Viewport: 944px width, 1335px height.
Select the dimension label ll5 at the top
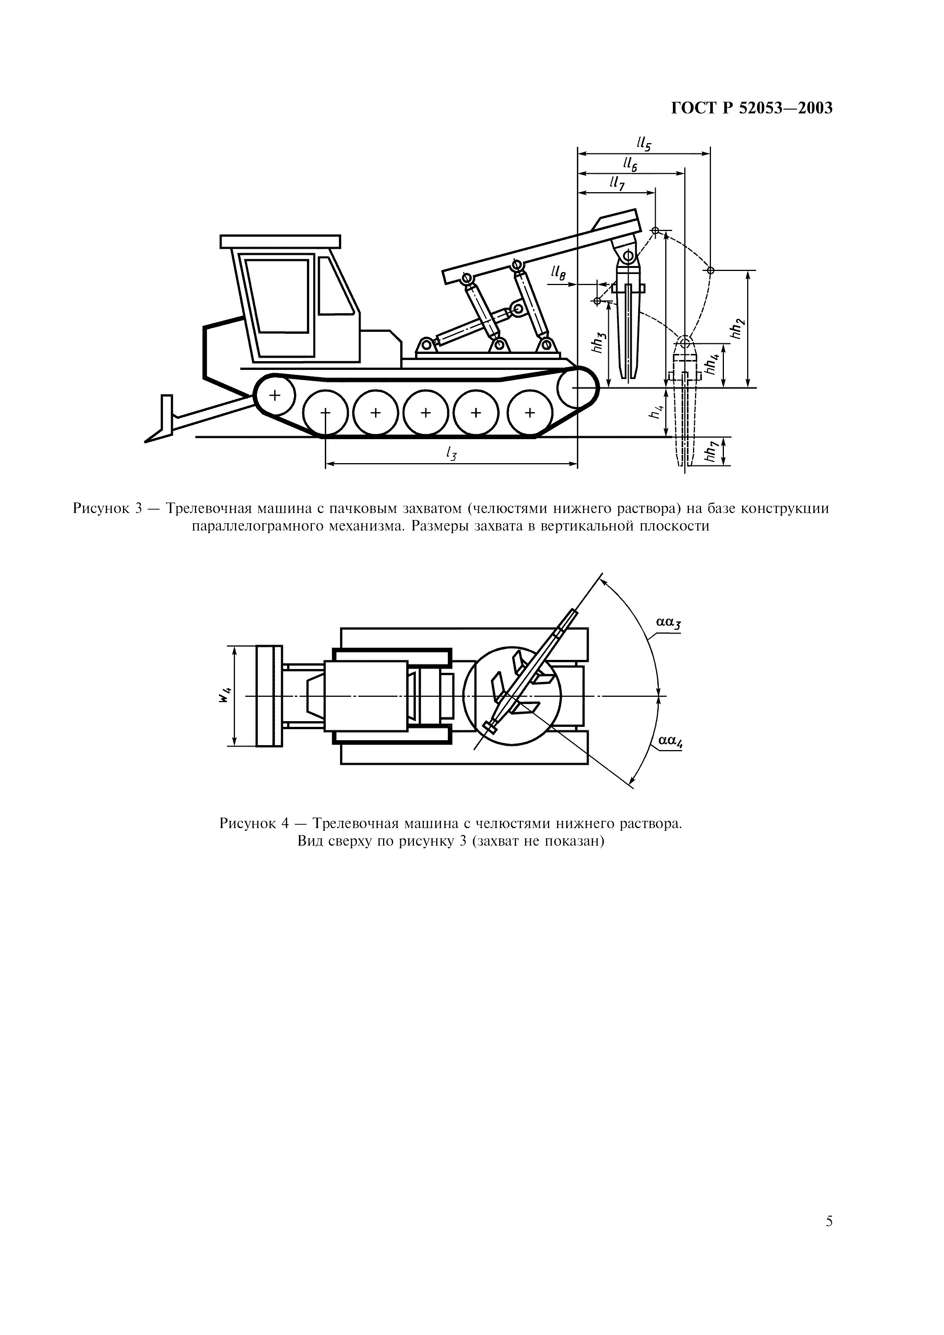pos(644,143)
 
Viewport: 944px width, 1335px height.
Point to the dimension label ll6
pos(630,164)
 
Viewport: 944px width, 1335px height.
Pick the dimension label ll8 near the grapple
pos(558,273)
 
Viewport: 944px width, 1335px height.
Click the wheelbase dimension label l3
pos(450,454)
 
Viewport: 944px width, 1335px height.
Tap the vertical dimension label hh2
pos(738,330)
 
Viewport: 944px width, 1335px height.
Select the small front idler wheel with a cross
pos(274,395)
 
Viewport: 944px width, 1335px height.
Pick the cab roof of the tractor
pos(280,241)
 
